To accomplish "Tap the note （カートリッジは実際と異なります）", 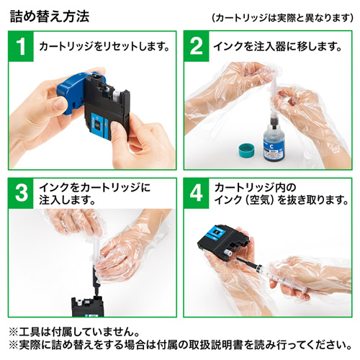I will [x=283, y=17].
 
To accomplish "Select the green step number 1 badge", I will [x=22, y=48].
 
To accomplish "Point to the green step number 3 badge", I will [x=22, y=192].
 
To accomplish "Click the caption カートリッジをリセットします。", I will [x=103, y=48].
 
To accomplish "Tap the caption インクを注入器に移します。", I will [x=274, y=48].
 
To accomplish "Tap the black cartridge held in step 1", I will [x=108, y=115].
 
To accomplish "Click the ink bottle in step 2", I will [x=273, y=141].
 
